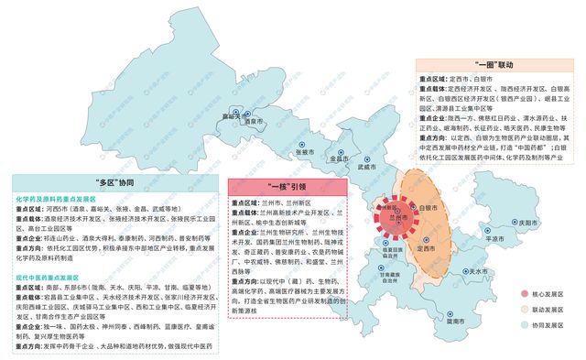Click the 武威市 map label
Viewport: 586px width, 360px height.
click(367, 168)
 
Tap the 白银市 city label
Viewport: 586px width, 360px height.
click(437, 209)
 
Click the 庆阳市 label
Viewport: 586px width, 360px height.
click(524, 223)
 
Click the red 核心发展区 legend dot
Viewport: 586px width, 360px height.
click(512, 295)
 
